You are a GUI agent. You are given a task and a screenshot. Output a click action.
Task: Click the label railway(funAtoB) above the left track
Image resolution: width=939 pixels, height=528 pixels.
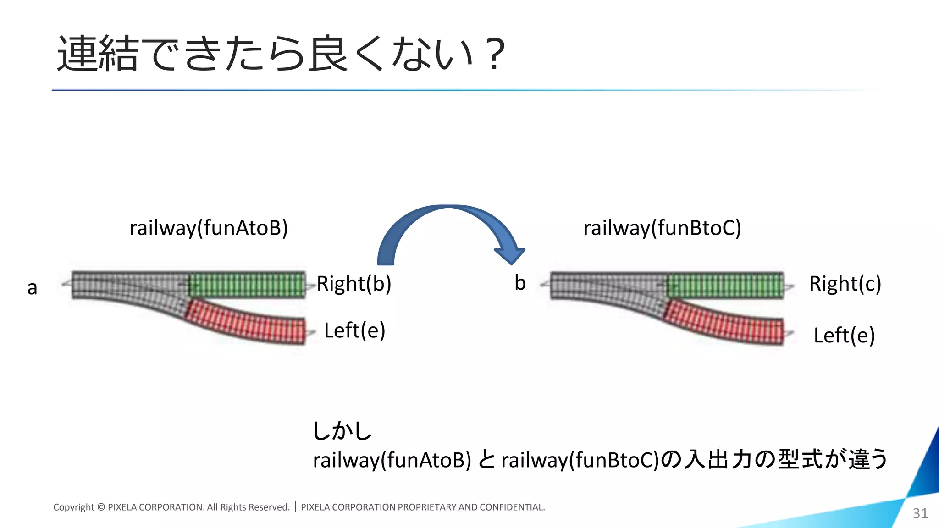pos(209,228)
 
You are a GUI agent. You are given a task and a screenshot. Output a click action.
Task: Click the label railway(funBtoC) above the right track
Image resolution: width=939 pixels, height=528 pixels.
pos(662,228)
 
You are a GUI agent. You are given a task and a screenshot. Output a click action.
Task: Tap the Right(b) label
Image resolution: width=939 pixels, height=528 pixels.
pos(354,284)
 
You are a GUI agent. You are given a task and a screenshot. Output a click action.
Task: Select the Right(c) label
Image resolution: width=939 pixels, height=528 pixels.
pos(845,284)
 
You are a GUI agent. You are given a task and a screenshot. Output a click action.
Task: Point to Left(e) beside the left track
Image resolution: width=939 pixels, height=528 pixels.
pos(354,330)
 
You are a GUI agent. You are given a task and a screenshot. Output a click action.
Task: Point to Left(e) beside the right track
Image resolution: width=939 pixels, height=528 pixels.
pos(844,335)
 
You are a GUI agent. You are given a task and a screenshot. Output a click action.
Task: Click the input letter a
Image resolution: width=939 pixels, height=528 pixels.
pos(32,288)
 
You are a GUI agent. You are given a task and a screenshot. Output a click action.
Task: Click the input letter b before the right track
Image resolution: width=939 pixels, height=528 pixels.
pos(520,283)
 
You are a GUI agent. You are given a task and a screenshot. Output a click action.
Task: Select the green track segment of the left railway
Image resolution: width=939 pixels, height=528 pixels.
pos(247,285)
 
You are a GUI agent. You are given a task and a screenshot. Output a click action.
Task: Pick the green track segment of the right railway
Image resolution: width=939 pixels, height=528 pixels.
pos(725,285)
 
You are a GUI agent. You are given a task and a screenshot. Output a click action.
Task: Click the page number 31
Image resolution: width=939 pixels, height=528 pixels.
pos(920,513)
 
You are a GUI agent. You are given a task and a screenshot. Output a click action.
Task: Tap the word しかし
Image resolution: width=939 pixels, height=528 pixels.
pos(342,431)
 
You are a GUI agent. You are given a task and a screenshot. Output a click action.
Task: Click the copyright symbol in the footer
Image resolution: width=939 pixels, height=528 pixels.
pos(101,507)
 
